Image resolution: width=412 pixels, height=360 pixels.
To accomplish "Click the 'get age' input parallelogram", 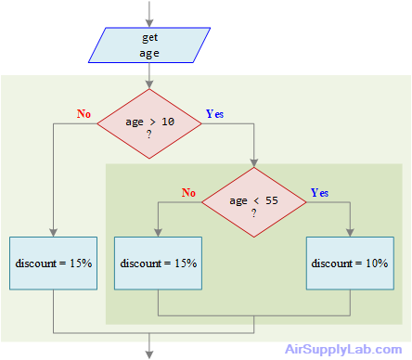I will click(x=149, y=45).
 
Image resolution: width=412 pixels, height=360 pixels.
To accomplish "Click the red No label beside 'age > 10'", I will click(x=84, y=114).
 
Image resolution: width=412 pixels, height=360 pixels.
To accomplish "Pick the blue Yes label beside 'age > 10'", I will click(x=214, y=114).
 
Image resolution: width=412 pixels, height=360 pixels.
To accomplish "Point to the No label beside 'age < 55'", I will click(x=189, y=193).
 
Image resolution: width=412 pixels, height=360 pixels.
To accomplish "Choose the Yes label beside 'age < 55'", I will click(x=319, y=193).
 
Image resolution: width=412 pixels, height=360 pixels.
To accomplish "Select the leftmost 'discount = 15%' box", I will click(x=54, y=264).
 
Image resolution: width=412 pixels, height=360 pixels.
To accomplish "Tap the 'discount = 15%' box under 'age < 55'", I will click(x=159, y=264).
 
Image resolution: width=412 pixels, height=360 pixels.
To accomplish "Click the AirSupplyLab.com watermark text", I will click(x=343, y=350).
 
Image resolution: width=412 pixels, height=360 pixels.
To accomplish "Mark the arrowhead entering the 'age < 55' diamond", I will click(x=253, y=163).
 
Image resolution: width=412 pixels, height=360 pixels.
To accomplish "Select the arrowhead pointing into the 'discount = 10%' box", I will click(x=350, y=232).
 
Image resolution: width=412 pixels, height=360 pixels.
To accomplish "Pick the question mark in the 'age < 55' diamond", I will click(x=253, y=212).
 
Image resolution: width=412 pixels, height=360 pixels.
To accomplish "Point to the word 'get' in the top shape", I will click(x=149, y=38).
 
